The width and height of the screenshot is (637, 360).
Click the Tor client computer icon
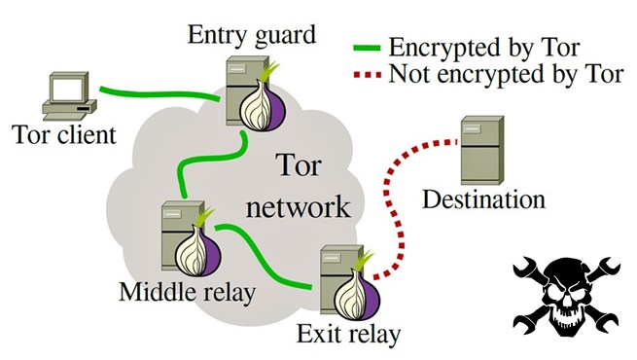coord(69,96)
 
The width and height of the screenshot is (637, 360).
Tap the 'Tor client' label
coord(64,134)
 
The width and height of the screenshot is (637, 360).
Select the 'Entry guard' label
coord(252,36)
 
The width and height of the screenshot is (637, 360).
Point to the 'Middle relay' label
coord(187,291)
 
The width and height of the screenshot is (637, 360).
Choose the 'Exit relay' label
coord(348,335)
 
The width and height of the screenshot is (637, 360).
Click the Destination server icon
coord(482,151)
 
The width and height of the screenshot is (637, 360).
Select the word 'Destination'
coord(483,199)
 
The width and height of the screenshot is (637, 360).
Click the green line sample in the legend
coord(367,48)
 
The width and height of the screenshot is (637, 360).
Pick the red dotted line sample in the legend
coord(367,75)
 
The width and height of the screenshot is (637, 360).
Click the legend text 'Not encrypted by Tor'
coord(506,74)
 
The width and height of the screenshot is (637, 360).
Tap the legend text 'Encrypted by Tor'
coord(484,47)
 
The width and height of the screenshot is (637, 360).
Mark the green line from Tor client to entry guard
coord(159,94)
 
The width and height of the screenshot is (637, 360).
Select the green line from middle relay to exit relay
coord(260,254)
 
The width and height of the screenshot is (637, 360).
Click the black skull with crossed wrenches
coord(566,296)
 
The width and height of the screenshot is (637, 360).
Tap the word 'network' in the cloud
coord(299,207)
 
